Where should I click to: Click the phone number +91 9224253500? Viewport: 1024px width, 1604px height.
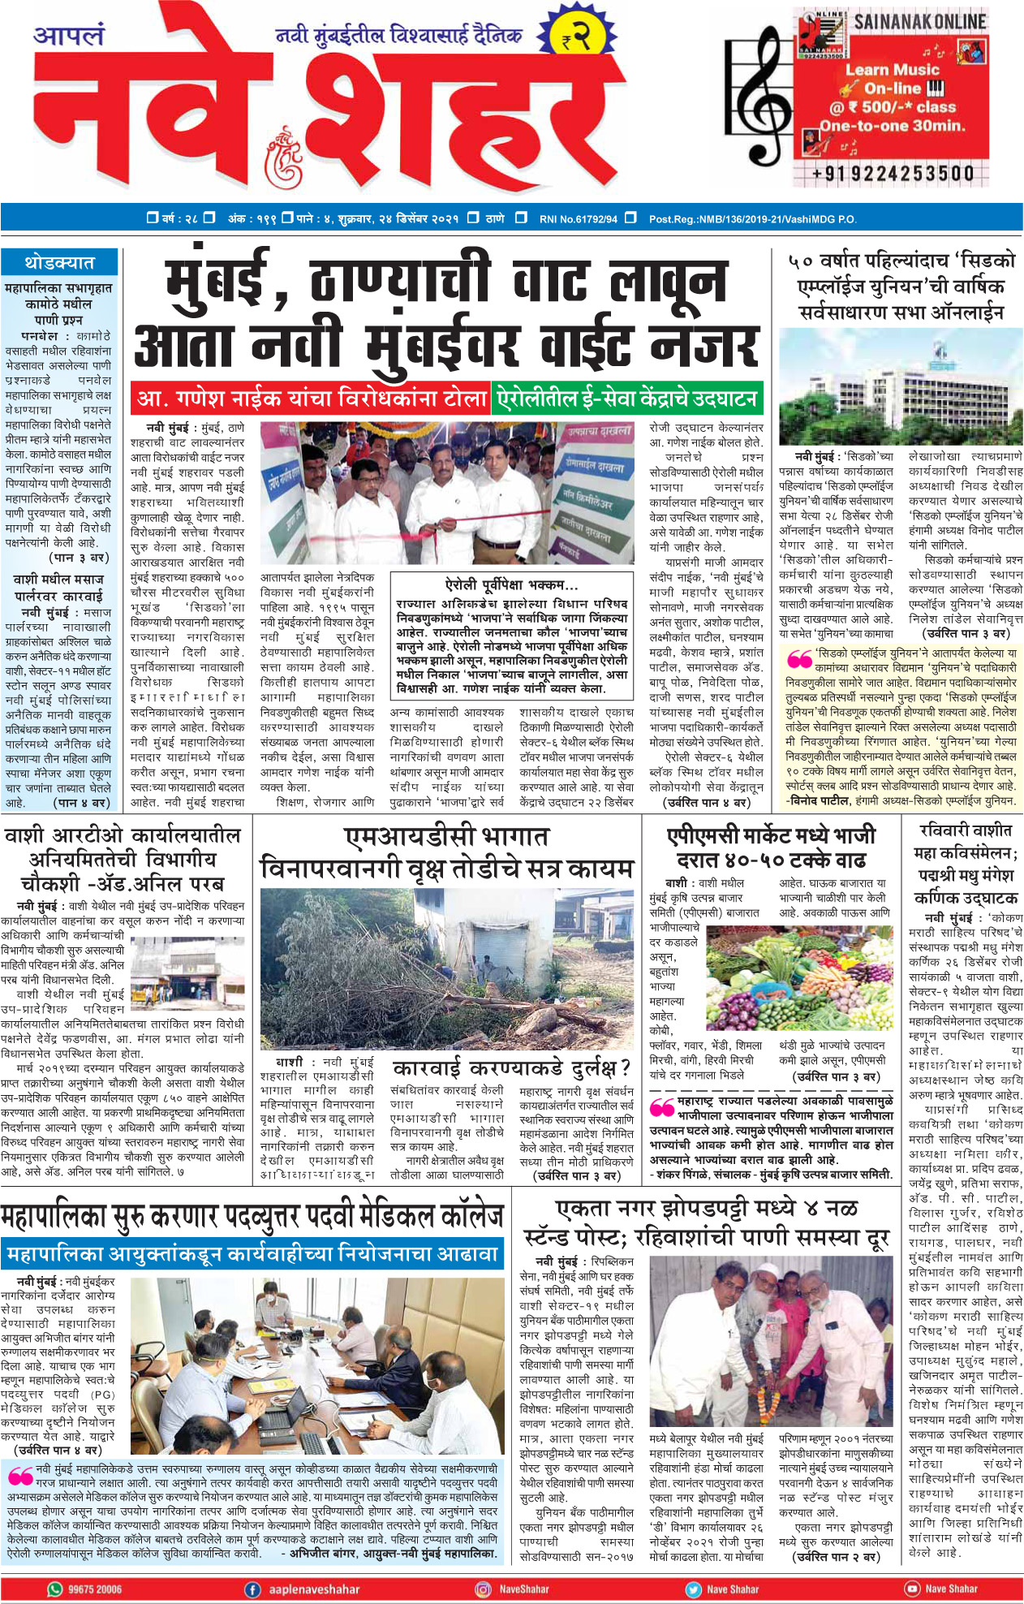coord(893,174)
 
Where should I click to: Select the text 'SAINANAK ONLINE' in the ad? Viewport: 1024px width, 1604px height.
coord(919,22)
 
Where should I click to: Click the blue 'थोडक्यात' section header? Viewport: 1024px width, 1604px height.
coord(59,263)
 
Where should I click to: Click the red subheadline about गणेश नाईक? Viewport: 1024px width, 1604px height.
coord(311,399)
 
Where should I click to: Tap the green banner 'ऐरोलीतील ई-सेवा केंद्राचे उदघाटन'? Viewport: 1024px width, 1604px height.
coord(626,399)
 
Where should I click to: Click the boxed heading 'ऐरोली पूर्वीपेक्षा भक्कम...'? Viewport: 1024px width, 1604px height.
coord(511,585)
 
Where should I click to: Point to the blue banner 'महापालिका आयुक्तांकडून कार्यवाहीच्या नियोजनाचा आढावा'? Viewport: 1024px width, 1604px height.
coord(252,1255)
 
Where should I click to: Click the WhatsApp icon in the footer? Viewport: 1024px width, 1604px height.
coord(55,1589)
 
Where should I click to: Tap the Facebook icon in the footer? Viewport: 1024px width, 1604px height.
coord(252,1589)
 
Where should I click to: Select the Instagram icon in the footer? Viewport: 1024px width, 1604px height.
coord(483,1589)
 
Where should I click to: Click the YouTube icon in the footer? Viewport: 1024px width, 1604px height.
coord(912,1589)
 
